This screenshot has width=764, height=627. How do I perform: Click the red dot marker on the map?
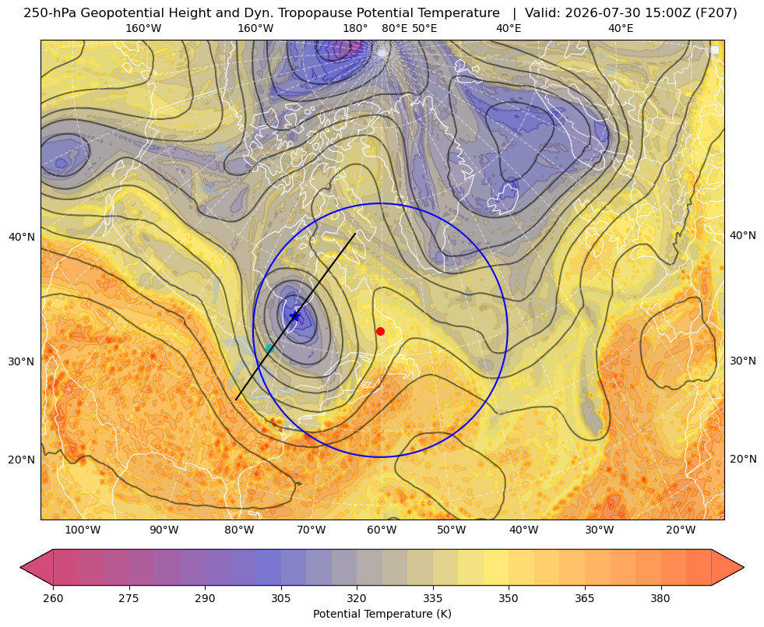(381, 331)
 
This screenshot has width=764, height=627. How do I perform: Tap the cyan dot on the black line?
(269, 348)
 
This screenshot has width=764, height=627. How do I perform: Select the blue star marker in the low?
(295, 316)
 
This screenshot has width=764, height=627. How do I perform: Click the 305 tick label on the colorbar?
(280, 598)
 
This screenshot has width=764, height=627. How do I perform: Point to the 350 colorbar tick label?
(509, 598)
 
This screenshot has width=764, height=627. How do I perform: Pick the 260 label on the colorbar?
(53, 598)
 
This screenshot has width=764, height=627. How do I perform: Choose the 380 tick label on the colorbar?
(660, 598)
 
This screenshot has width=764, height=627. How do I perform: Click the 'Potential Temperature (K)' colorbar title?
(382, 614)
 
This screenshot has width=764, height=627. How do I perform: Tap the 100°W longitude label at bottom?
(83, 530)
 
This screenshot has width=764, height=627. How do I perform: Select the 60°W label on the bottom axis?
(382, 530)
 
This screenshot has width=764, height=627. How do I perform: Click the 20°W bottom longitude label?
(681, 530)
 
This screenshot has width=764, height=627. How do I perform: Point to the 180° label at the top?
(355, 28)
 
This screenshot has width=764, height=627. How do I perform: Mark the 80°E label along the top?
(395, 28)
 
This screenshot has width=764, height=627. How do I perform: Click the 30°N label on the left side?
(22, 361)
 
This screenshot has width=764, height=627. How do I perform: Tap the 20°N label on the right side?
(743, 459)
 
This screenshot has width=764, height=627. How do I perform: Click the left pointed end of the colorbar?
(21, 567)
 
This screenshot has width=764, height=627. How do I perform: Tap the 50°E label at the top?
(424, 28)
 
